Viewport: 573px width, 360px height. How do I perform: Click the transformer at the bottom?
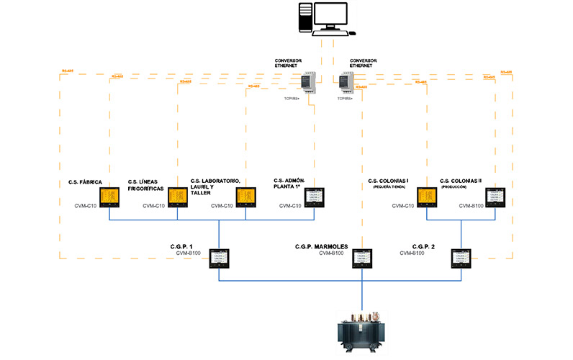359,332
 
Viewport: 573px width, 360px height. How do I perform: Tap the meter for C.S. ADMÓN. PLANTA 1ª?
315,197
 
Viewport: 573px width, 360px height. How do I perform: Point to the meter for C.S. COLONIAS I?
427,197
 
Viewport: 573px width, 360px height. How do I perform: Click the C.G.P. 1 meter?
219,258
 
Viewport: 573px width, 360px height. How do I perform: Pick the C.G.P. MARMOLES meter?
361,258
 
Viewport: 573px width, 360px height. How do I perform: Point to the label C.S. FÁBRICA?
84,182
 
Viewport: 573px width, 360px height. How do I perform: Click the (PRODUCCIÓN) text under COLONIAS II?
459,187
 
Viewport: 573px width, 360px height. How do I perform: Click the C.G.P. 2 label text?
425,246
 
